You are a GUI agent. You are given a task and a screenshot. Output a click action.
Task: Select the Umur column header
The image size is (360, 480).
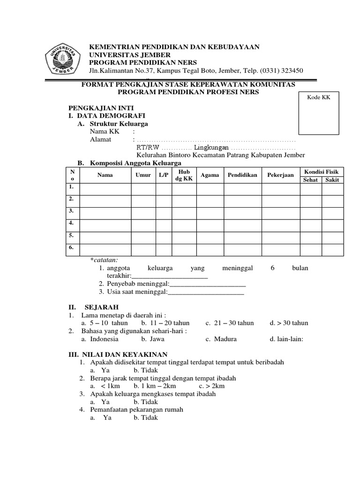[x=143, y=175]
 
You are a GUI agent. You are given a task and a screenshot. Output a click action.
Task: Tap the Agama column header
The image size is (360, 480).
[x=210, y=175]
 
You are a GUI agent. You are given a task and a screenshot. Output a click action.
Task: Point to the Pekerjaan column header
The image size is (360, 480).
[x=280, y=175]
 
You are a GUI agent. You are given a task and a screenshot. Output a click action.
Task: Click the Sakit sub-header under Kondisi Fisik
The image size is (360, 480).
[x=332, y=180]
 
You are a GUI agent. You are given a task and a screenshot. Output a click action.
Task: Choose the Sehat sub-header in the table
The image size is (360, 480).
[x=310, y=180]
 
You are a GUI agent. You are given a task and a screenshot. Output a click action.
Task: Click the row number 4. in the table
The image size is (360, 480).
[x=72, y=223]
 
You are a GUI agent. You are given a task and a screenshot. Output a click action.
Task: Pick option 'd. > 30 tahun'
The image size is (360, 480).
[x=289, y=323]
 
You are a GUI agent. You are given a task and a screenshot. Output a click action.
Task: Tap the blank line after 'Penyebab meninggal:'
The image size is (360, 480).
[x=207, y=284]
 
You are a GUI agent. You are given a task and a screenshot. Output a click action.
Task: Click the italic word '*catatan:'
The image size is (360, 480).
[x=104, y=260]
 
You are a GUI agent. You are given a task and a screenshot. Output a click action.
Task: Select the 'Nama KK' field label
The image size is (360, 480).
[x=105, y=132]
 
